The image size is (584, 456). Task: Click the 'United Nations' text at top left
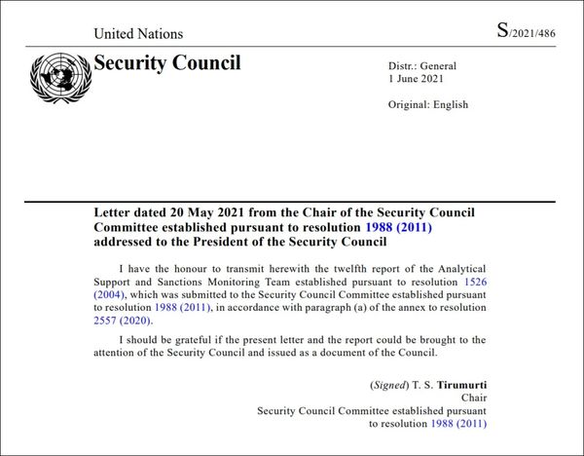coord(138,34)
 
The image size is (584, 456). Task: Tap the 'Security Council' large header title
coord(166,64)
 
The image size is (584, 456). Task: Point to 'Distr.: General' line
coord(422,66)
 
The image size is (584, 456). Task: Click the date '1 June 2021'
coord(416,79)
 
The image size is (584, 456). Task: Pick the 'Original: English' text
coord(427,104)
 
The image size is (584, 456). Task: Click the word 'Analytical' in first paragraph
coord(458,266)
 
